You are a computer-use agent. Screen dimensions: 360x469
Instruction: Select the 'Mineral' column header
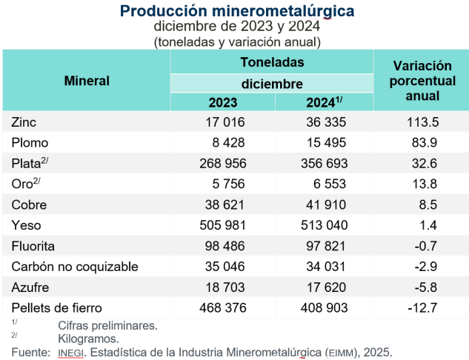87,81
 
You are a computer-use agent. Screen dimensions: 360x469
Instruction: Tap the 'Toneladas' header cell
272,62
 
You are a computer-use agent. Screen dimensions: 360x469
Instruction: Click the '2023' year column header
223,102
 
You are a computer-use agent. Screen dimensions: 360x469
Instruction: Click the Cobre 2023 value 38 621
224,204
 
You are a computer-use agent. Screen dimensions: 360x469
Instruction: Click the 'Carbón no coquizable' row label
65,266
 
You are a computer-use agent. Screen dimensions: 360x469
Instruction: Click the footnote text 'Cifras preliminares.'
107,324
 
